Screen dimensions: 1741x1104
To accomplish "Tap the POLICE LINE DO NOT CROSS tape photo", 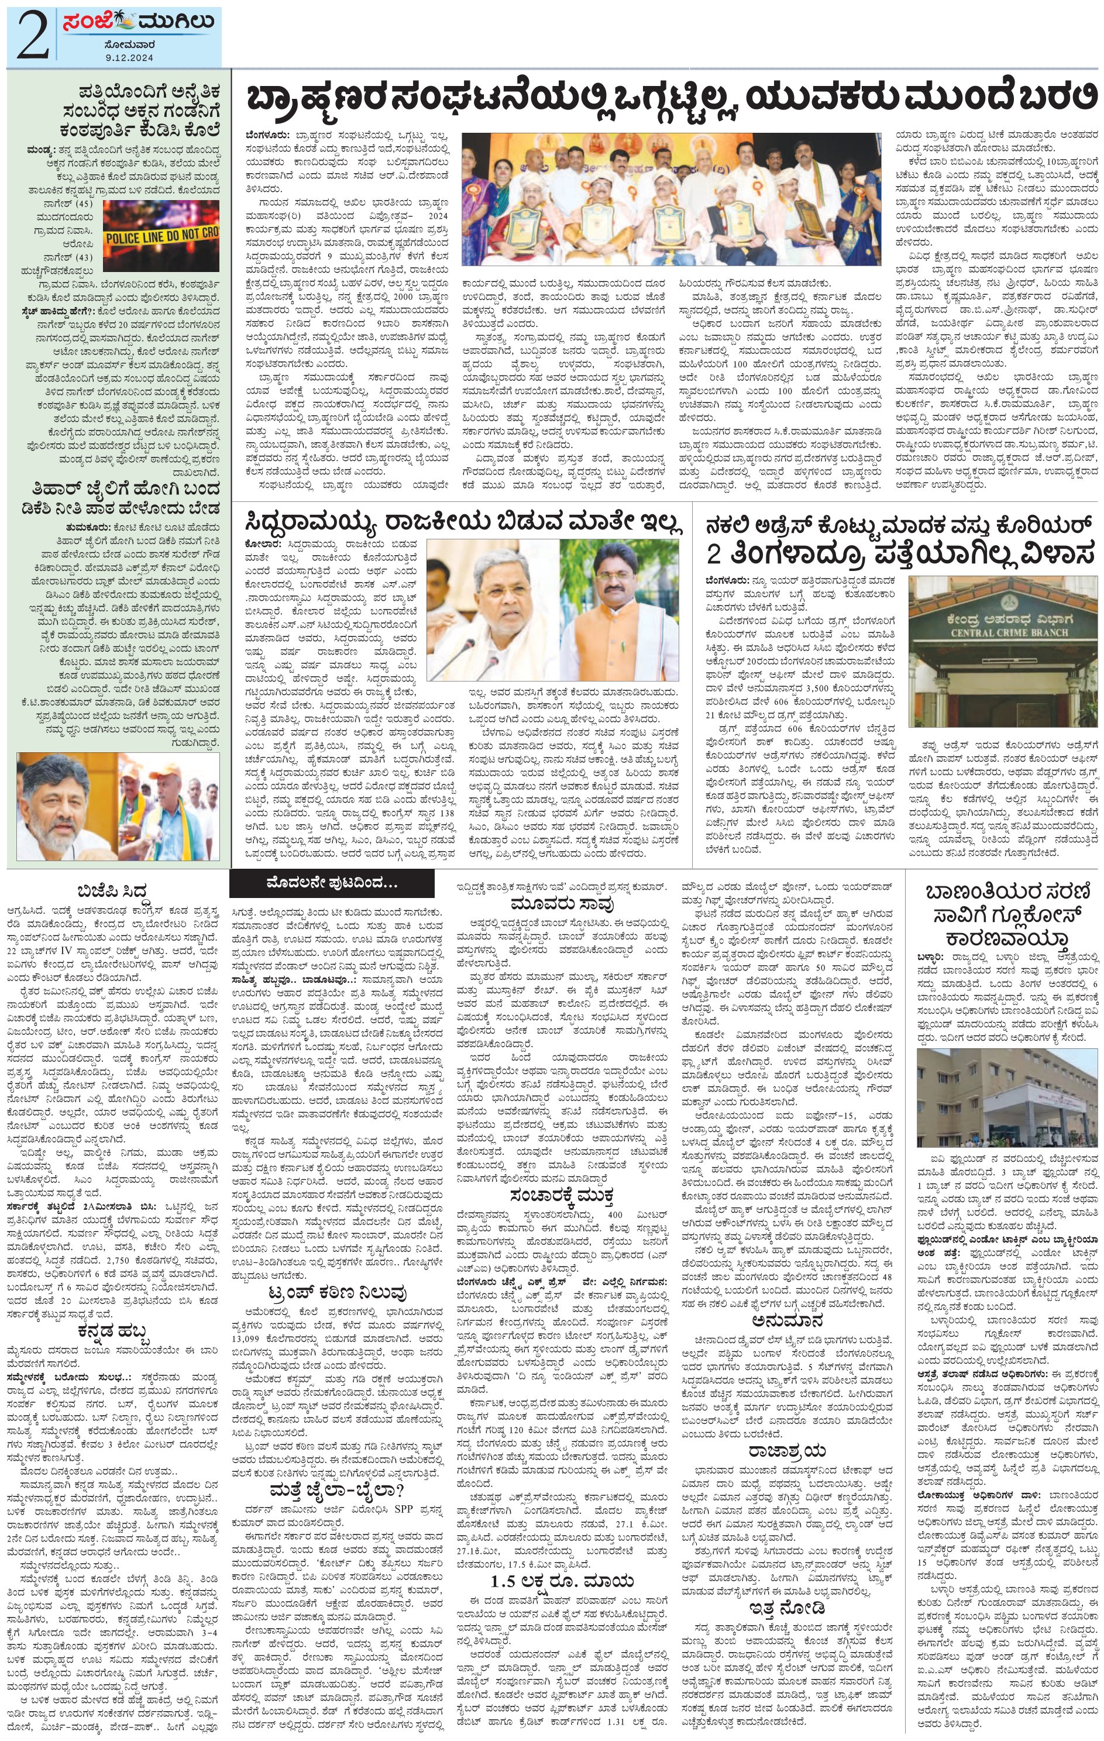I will [160, 235].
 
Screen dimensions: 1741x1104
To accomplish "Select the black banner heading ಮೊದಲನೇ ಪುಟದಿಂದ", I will [331, 883].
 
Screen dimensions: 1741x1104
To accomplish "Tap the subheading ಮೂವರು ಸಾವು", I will [562, 904].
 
